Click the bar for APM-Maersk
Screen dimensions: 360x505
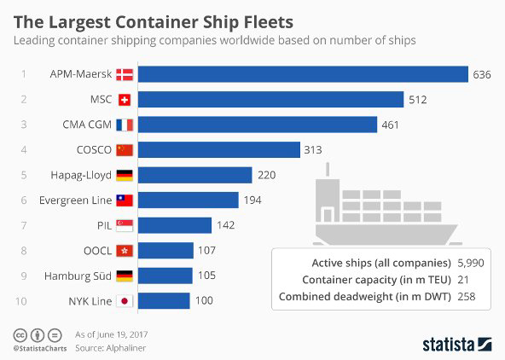click(x=303, y=74)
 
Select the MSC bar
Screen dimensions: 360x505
click(x=270, y=100)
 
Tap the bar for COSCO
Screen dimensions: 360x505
click(x=218, y=150)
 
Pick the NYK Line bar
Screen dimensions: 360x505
click(x=164, y=301)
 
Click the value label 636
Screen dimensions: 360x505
click(x=482, y=74)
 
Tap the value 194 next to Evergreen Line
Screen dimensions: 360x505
click(x=253, y=200)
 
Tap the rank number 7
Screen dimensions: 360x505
click(x=24, y=225)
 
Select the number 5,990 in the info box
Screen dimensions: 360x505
click(x=469, y=263)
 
